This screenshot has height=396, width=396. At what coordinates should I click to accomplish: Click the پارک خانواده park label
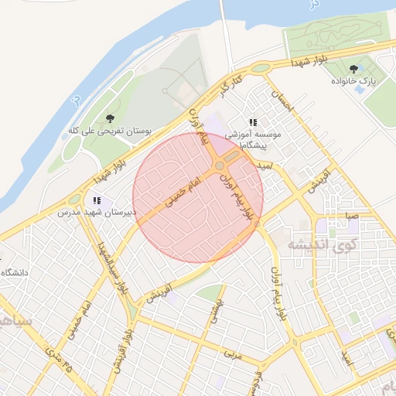(353, 80)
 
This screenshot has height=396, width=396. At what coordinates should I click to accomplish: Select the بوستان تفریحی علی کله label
(109, 131)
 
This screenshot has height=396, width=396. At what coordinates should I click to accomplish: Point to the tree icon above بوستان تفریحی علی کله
(109, 119)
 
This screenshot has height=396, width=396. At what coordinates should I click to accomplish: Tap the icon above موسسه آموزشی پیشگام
(253, 122)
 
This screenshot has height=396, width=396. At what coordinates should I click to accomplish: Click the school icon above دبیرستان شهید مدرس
(97, 200)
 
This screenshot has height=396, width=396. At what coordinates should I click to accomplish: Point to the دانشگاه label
(15, 272)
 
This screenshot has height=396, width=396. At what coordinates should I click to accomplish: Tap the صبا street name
(352, 217)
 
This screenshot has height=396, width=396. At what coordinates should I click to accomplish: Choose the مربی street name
(230, 355)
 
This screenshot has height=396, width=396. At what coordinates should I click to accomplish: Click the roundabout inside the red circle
(220, 166)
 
